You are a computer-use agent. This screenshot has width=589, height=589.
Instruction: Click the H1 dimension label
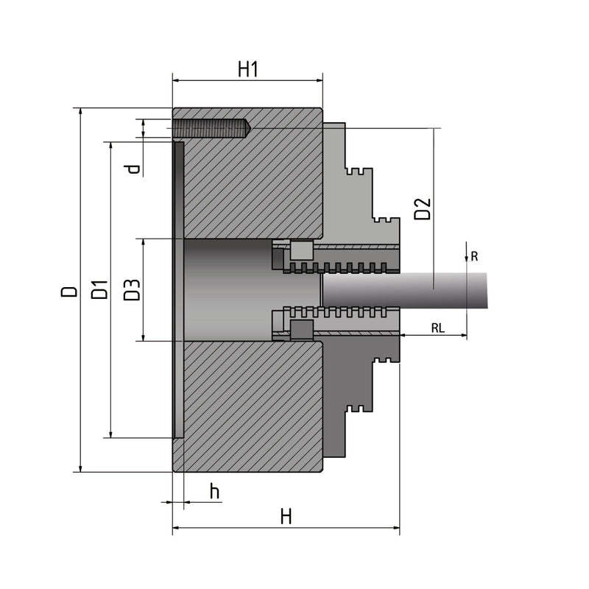pyautogui.click(x=247, y=69)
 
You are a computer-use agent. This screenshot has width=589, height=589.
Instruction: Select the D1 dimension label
pyautogui.click(x=99, y=289)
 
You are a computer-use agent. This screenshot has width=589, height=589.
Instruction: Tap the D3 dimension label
pyautogui.click(x=132, y=289)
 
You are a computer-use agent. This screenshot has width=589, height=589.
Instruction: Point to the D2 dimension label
pyautogui.click(x=422, y=208)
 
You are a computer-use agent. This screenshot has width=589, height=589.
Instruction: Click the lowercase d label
pyautogui.click(x=133, y=169)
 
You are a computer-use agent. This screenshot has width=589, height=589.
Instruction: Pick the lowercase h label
pyautogui.click(x=214, y=491)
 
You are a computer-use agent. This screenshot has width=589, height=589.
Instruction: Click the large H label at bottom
pyautogui.click(x=286, y=517)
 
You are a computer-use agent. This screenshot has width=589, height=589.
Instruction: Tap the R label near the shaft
pyautogui.click(x=475, y=256)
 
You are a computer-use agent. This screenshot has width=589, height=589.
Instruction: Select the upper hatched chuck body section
pyautogui.click(x=250, y=184)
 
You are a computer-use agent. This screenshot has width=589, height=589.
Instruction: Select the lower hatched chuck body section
pyautogui.click(x=250, y=405)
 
